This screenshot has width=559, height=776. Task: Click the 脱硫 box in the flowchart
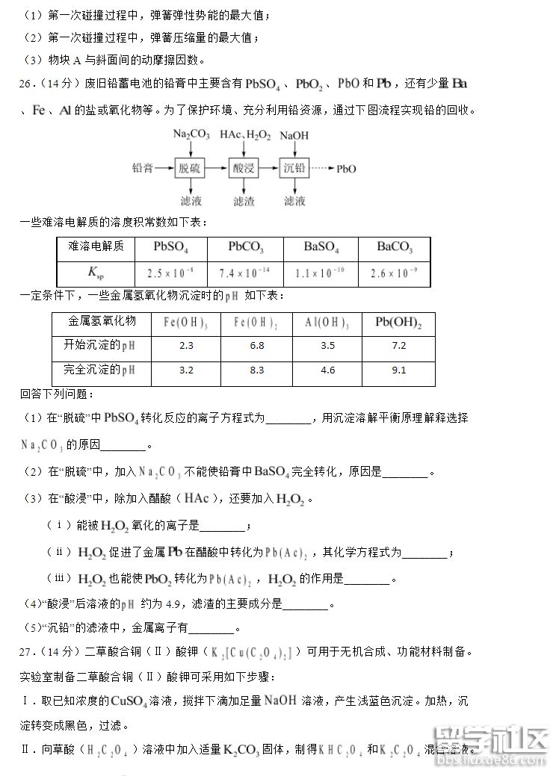point(189,169)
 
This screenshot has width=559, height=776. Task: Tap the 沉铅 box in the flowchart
point(294,169)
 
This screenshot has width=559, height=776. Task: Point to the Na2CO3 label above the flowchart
point(191,135)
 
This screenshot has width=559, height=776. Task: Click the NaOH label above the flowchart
point(294,136)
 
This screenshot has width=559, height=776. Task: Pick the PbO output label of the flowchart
point(346,169)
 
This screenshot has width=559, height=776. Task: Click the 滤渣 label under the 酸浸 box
point(244,201)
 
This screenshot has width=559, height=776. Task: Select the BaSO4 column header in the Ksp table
point(321,247)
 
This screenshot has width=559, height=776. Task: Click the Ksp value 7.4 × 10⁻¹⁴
point(246,273)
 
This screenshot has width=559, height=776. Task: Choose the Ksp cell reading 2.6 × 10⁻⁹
point(395,273)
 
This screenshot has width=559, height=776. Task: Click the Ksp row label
point(96,273)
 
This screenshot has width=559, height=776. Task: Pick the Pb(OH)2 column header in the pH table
point(398,322)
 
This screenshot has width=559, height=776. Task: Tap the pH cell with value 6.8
point(257,346)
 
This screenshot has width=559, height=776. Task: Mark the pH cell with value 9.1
point(398,370)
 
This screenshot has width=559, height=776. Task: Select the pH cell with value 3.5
point(327,346)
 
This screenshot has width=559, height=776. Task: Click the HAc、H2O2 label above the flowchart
point(244,135)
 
